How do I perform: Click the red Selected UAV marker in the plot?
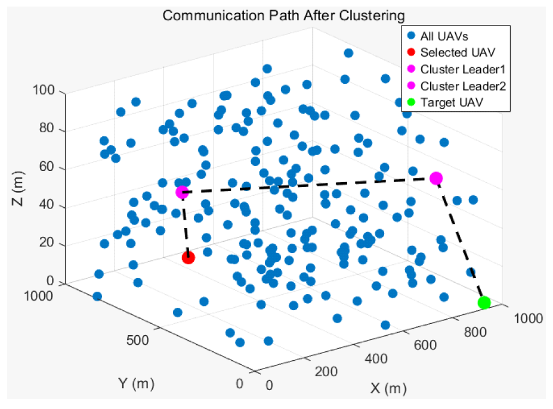coord(189,258)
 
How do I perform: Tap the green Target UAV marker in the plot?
coord(484,302)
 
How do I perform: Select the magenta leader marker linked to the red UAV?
coord(182,192)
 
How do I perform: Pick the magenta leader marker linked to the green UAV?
coord(436,178)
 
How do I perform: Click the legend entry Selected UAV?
coord(453,52)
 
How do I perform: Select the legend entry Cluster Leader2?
coord(463,86)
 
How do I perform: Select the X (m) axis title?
coord(388,389)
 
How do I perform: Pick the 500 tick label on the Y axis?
coord(138,341)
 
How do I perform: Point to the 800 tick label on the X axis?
coord(475,332)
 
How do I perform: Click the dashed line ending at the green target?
coord(461,242)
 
